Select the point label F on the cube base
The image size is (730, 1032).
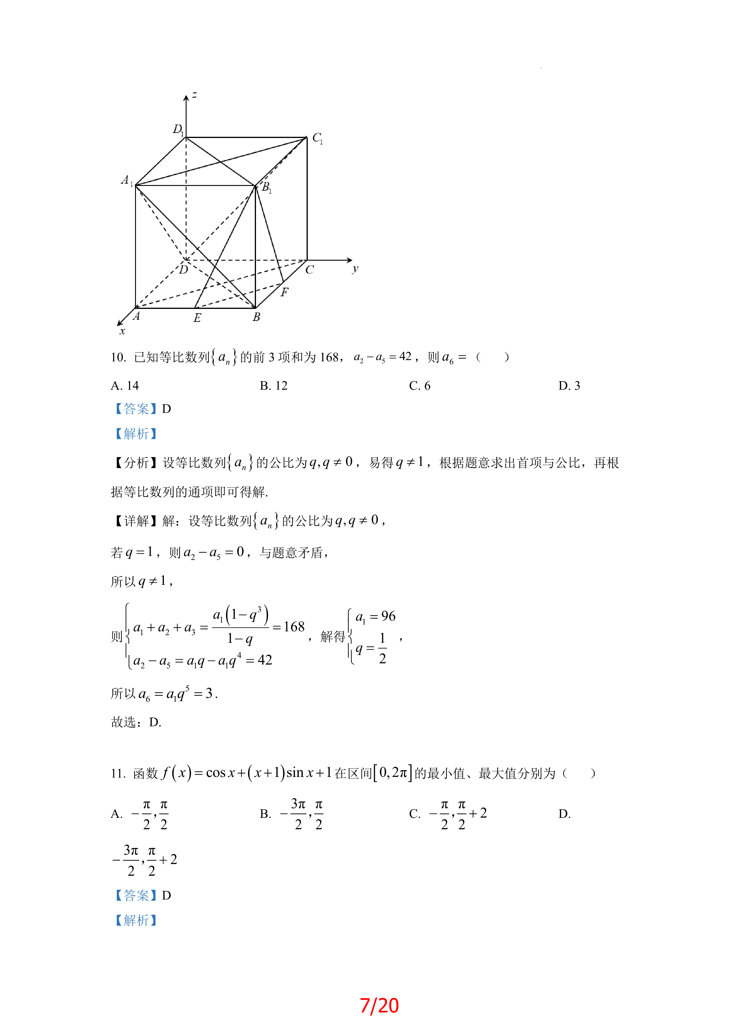tap(285, 292)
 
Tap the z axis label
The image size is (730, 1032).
tap(194, 95)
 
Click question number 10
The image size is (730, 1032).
tap(118, 357)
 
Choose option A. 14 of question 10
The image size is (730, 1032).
tap(125, 386)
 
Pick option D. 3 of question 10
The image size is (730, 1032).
tap(569, 386)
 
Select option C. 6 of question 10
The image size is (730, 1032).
tap(419, 386)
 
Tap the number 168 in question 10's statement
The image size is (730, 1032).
tap(329, 357)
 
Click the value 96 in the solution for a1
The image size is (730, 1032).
tap(388, 616)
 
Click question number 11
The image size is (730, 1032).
tap(118, 773)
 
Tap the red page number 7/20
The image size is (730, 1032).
tap(379, 1006)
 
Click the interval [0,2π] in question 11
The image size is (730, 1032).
tap(393, 773)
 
